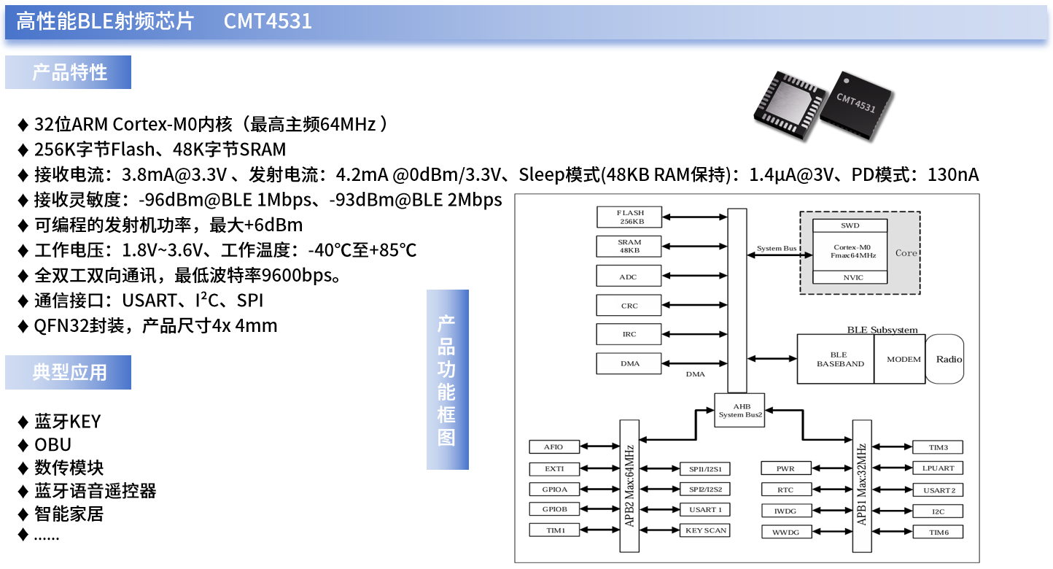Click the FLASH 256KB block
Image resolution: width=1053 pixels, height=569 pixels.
629,217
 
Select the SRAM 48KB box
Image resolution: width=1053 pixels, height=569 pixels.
629,246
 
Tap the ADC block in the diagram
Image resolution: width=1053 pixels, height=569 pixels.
629,276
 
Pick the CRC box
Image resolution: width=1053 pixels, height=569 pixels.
629,306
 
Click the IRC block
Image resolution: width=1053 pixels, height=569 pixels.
629,334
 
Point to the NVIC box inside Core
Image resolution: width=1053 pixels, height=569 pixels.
850,277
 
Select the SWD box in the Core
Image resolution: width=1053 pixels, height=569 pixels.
850,225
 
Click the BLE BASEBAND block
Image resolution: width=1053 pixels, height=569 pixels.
835,359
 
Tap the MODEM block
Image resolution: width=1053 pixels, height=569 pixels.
900,359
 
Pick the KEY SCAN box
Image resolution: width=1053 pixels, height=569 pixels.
705,530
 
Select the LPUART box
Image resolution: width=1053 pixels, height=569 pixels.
938,468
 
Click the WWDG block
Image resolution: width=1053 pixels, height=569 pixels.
786,533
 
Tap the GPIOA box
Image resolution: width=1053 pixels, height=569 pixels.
556,489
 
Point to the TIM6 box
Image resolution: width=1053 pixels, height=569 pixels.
938,533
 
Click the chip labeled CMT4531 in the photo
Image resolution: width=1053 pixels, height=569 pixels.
856,104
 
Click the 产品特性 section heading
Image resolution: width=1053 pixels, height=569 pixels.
69,72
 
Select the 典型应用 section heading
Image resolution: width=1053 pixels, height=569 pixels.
69,372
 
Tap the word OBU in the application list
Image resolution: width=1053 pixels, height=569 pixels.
53,444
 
